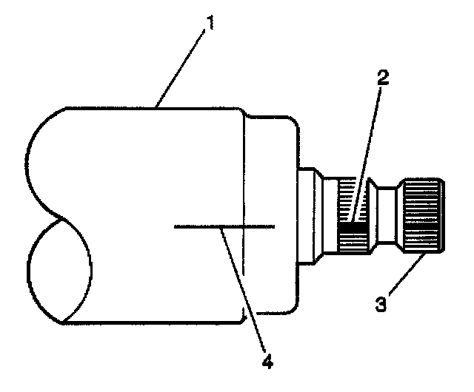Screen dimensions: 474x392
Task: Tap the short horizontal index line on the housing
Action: pos(223,225)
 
